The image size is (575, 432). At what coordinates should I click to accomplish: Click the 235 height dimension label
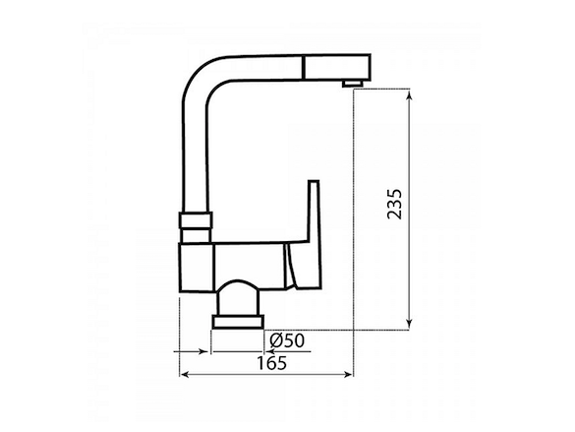pos(394,205)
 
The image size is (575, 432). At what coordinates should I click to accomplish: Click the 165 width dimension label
pos(271,363)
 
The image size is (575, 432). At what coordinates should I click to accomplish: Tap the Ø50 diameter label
pos(287,340)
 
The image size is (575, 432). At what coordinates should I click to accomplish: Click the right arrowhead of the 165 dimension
pos(347,374)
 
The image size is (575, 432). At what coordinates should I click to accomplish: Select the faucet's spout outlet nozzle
pos(353,84)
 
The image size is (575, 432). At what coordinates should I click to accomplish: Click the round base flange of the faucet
pos(238,322)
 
